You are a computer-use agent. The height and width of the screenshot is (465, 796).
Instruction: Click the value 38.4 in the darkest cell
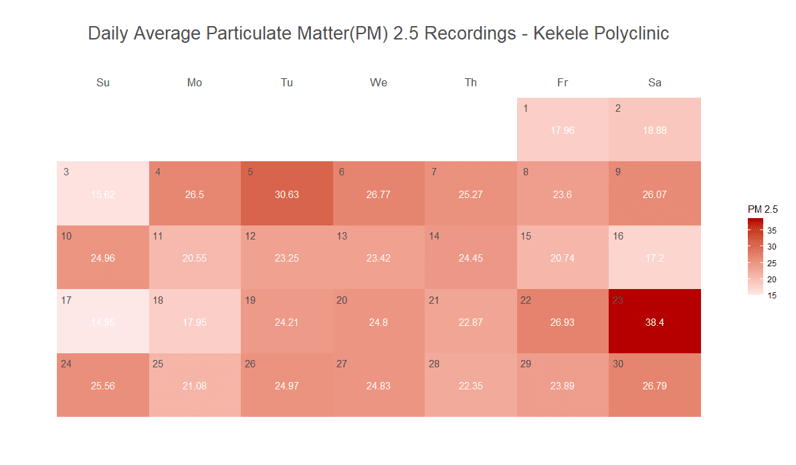coord(654,322)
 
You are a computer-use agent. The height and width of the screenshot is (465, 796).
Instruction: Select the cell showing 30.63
coord(287,194)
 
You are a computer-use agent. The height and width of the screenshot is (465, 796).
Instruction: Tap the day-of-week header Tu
coord(287,83)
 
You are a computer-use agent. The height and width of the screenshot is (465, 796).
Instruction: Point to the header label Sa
coord(654,83)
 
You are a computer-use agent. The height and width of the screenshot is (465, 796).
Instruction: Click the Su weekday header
coord(103,83)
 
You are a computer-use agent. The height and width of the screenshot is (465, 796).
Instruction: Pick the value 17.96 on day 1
coord(563,130)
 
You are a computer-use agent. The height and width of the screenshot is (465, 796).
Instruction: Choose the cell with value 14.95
coord(103,322)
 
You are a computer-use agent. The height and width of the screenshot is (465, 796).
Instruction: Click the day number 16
coord(618,236)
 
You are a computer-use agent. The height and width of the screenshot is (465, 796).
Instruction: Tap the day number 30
coord(618,364)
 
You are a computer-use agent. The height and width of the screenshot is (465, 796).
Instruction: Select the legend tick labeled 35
coord(772,231)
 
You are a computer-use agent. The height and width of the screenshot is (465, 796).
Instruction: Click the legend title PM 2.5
coord(763,209)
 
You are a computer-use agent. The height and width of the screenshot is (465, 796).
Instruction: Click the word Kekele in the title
coord(560,33)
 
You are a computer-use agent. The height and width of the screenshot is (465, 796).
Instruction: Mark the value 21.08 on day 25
coord(195,386)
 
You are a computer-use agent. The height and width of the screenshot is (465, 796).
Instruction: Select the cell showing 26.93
coord(563,322)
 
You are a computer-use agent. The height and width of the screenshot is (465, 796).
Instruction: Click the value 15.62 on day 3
coord(103,195)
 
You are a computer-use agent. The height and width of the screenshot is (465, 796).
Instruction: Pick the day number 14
coord(434,236)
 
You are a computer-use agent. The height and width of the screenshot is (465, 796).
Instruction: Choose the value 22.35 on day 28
coord(471,386)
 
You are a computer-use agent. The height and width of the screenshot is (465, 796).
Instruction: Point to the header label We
coord(379,83)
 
